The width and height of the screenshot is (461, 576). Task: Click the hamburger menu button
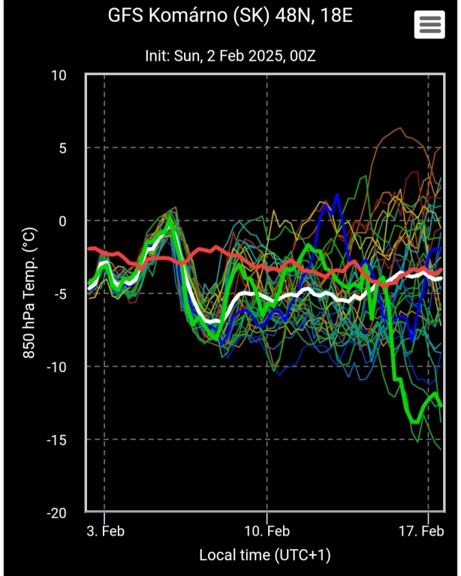tap(429, 25)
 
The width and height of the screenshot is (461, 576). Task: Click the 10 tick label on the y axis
tap(59, 75)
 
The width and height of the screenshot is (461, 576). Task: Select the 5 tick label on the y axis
tap(62, 148)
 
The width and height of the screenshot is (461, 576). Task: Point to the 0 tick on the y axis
tap(62, 220)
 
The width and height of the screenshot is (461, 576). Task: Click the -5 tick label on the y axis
tap(59, 293)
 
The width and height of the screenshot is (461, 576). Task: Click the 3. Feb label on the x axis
tap(104, 532)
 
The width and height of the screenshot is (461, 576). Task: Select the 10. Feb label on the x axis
tap(267, 532)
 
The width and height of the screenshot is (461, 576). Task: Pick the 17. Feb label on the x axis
tap(420, 532)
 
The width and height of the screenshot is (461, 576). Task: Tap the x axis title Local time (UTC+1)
tap(264, 556)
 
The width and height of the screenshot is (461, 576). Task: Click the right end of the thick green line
tap(441, 405)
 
